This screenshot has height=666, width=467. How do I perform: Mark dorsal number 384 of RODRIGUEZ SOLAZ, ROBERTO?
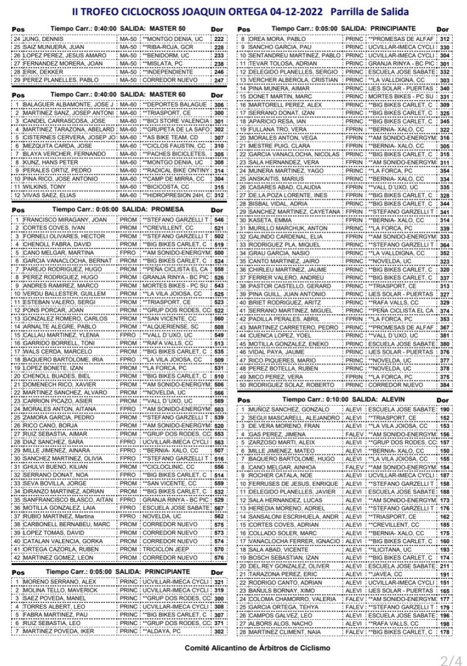click(x=445, y=385)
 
